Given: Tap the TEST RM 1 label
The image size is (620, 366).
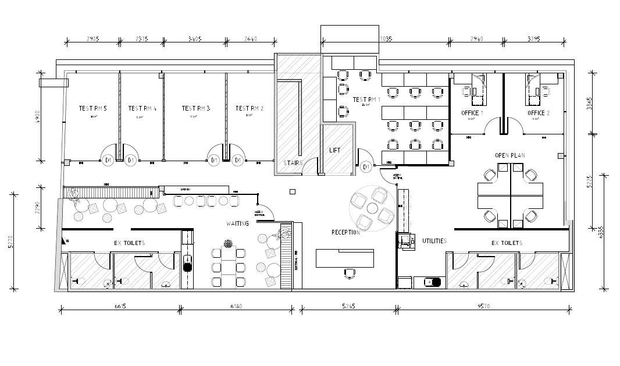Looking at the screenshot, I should [x=366, y=100].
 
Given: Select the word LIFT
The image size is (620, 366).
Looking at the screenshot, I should [x=335, y=150].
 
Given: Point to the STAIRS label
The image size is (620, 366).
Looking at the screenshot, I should [x=293, y=163].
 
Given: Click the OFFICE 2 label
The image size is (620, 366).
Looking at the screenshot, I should [x=538, y=113].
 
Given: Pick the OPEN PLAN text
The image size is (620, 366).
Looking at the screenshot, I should [x=510, y=156].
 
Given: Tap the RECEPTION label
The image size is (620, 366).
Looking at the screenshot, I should [x=345, y=233].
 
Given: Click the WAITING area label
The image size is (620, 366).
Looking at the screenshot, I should [x=237, y=223].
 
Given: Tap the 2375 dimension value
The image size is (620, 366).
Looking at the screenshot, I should [x=141, y=40].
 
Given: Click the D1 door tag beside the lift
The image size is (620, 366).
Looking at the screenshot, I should [x=366, y=168].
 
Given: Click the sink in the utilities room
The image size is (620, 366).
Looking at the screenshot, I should [x=432, y=283].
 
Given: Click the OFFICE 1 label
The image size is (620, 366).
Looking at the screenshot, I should [x=470, y=113].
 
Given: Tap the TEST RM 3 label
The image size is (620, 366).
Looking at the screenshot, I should [x=195, y=108].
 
